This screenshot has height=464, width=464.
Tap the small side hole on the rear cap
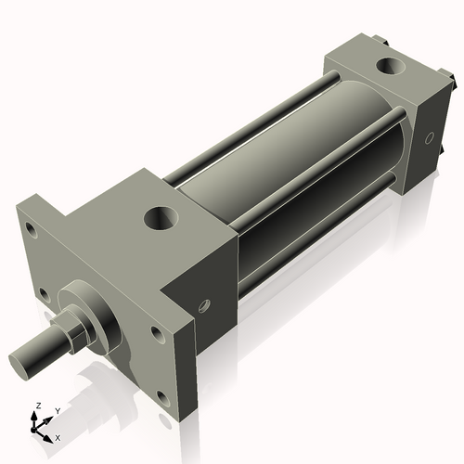pos(428,138)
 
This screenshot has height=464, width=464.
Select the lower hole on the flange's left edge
pos(43,295)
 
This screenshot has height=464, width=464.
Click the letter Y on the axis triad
pos(57,409)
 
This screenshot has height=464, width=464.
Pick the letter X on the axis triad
pos(58,436)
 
